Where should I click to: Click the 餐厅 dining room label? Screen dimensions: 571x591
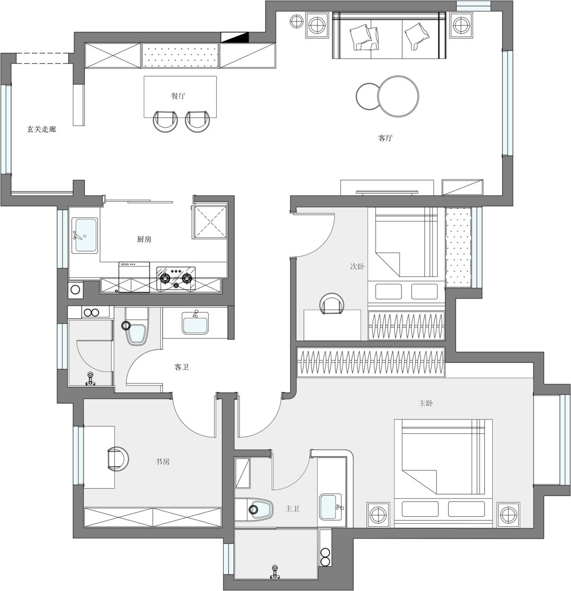coord(178,96)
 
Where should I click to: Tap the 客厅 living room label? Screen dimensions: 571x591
coord(385,138)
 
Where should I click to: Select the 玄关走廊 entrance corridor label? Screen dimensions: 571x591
coord(41,129)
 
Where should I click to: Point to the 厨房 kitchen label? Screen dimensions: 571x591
coord(144,239)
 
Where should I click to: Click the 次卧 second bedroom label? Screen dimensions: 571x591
coord(357,267)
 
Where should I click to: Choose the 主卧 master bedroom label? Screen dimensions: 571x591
coord(426,404)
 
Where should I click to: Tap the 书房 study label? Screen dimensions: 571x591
coord(163,462)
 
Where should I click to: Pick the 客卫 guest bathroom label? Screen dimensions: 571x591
coord(182,367)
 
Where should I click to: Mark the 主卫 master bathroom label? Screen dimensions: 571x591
coord(292,509)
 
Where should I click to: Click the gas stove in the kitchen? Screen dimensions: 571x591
coord(176,279)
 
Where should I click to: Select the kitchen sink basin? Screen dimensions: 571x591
coord(86,236)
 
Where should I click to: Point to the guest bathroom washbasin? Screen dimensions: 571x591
coord(195,324)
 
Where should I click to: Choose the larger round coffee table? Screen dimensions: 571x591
coord(398,96)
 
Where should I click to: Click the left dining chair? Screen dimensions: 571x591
coord(165,121)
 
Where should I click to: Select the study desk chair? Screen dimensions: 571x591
coord(118,459)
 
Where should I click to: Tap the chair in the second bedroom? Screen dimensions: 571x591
coord(332,305)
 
